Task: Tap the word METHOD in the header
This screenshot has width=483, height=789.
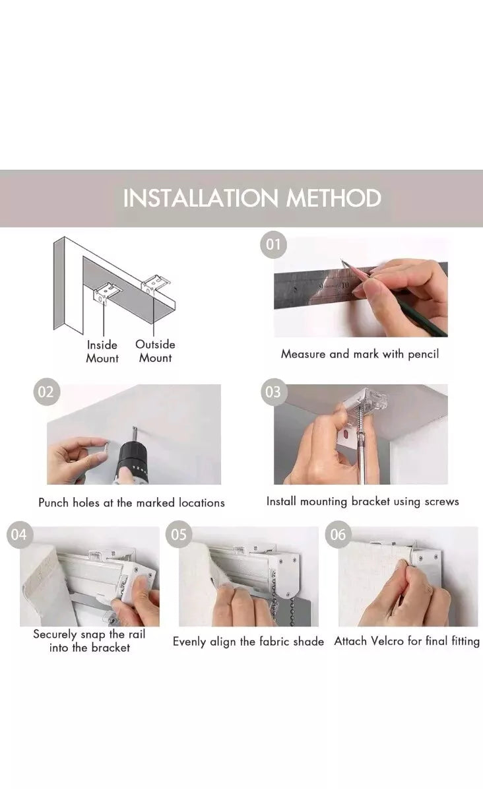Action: click(x=334, y=198)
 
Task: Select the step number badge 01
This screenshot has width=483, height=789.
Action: click(x=273, y=245)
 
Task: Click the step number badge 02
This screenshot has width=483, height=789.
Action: click(x=46, y=392)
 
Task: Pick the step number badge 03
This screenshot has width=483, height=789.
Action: click(x=273, y=392)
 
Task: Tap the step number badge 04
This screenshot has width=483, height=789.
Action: click(x=19, y=534)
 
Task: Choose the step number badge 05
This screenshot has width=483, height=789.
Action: click(x=179, y=534)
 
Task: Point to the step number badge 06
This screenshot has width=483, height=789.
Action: click(x=338, y=534)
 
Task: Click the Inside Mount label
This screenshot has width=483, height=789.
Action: click(x=102, y=352)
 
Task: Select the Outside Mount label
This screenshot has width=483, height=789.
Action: click(x=156, y=351)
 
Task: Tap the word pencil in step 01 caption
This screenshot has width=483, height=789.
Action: click(x=423, y=355)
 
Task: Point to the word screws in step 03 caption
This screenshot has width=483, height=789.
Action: click(x=441, y=502)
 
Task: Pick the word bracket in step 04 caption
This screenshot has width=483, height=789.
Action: click(x=111, y=648)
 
